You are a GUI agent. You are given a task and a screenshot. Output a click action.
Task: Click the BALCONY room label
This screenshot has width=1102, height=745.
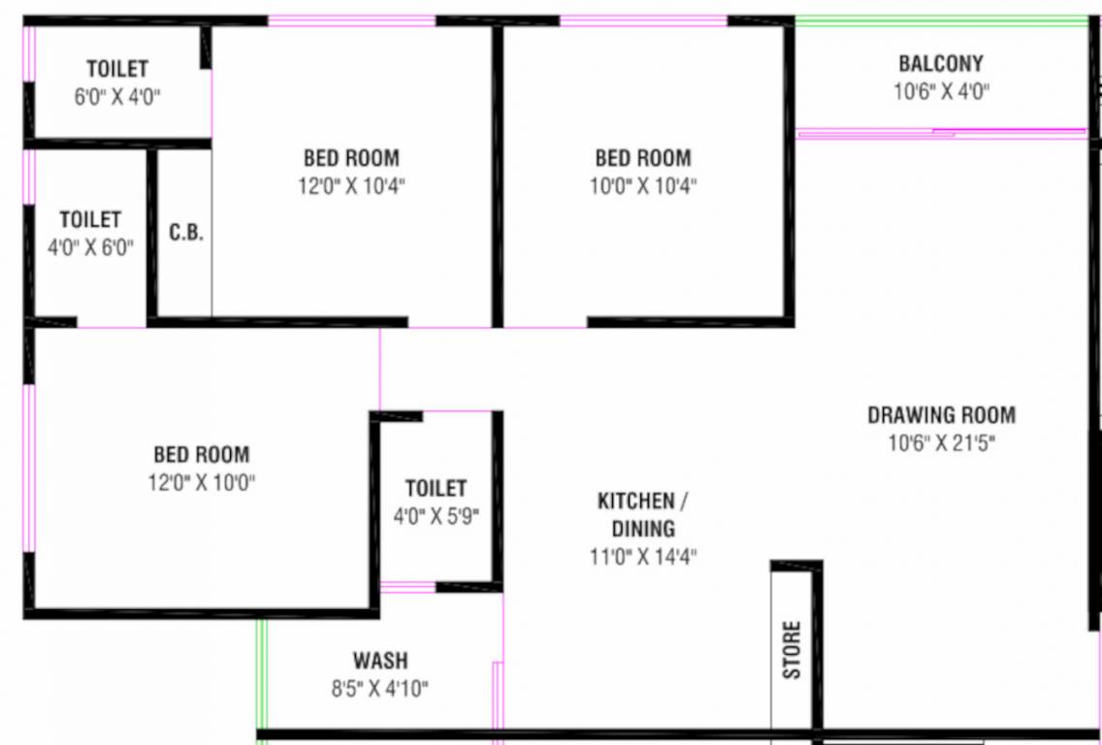(941, 64)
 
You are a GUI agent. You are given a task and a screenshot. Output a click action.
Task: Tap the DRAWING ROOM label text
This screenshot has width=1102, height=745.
(941, 414)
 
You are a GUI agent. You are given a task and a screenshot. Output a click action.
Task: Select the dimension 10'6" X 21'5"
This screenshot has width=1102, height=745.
(942, 442)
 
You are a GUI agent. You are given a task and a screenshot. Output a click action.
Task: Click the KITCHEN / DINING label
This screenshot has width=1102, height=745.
(643, 514)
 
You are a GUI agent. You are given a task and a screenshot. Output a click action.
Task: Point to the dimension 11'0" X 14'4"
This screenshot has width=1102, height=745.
(643, 557)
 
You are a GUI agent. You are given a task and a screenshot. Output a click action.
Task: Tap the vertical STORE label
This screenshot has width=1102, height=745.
(792, 649)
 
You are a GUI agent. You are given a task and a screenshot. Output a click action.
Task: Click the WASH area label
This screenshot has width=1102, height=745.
(380, 661)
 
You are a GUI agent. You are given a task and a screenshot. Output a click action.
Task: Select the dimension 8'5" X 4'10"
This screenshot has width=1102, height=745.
(380, 688)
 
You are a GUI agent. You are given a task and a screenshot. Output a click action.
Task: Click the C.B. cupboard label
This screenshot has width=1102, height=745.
(186, 233)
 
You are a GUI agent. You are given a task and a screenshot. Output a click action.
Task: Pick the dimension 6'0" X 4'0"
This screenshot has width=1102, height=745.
(117, 96)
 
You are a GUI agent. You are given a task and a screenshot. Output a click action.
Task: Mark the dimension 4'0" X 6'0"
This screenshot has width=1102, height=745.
(90, 247)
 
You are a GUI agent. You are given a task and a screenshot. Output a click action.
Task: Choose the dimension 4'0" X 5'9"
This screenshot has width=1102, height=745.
(436, 517)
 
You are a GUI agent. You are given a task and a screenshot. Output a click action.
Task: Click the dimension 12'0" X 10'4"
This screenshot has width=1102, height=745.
(351, 186)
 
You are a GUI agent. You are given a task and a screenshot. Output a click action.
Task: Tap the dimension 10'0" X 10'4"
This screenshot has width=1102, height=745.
(643, 186)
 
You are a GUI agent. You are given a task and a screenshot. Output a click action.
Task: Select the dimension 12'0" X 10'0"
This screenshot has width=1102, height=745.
(202, 483)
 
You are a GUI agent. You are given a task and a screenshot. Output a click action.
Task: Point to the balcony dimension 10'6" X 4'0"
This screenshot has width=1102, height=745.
(942, 91)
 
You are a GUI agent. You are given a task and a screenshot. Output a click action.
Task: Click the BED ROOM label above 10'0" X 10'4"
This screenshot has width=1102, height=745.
(643, 157)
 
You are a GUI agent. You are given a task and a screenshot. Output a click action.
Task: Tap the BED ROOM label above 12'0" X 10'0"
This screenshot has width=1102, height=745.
(202, 454)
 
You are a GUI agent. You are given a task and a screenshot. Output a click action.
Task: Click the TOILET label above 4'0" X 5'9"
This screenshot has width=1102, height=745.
(436, 488)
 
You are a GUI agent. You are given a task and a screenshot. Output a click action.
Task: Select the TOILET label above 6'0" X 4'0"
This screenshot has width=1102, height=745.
(117, 68)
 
